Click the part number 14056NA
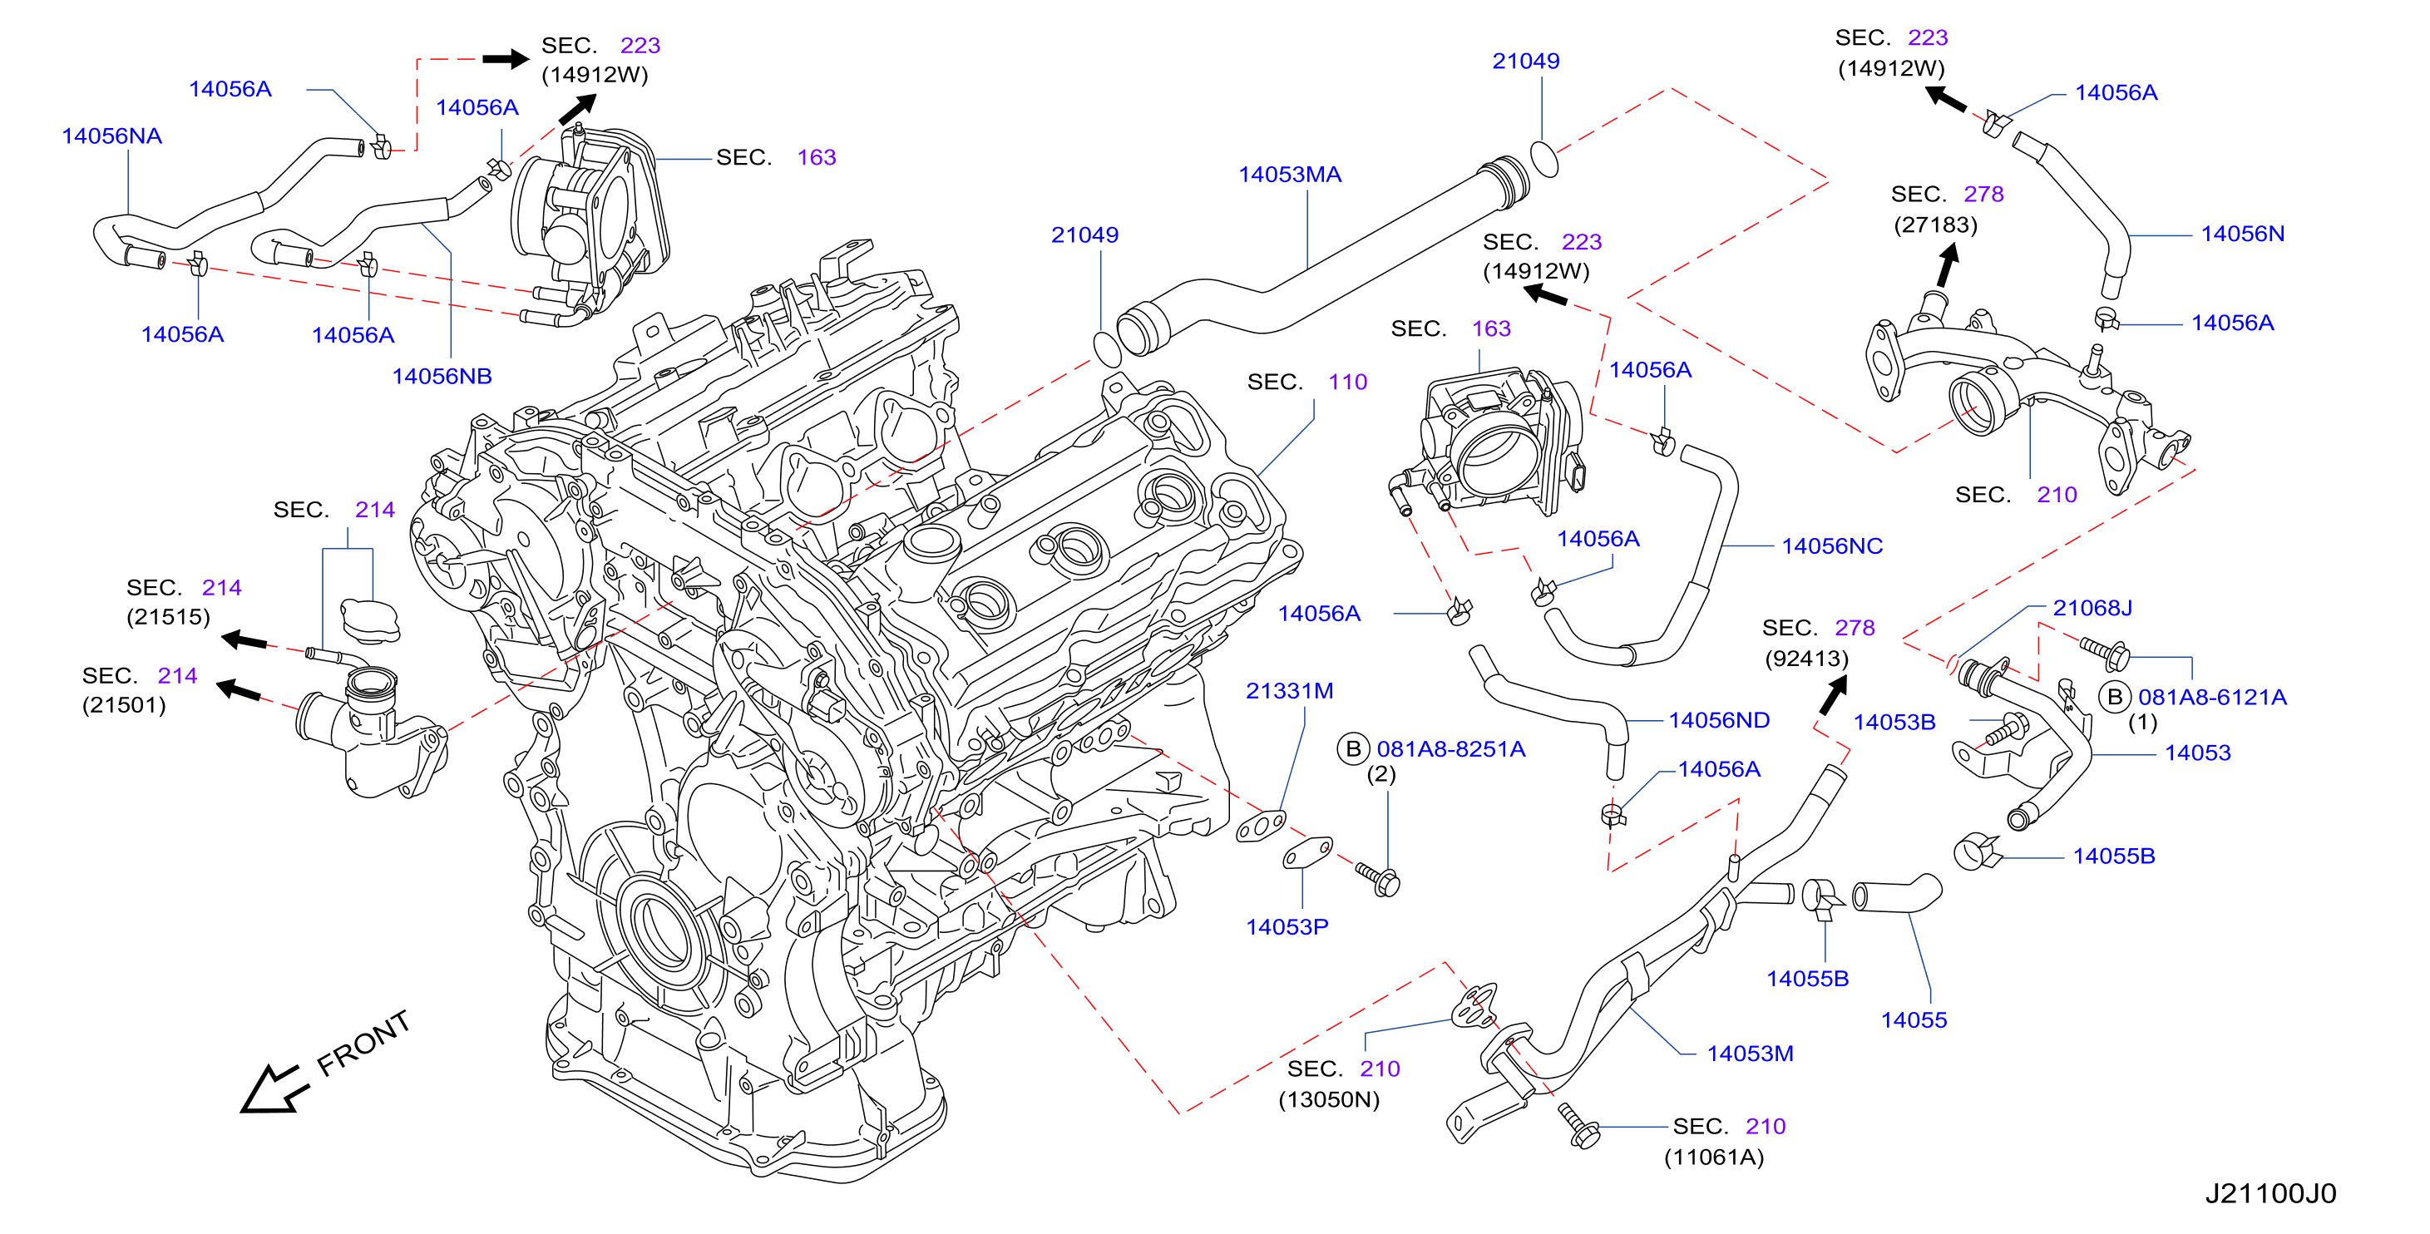click(111, 136)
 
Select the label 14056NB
click(442, 377)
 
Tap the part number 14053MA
click(1290, 175)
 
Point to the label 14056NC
click(1832, 546)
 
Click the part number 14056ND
click(1719, 721)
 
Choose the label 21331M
click(1290, 692)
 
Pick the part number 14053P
click(1287, 927)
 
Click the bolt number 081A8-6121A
click(2212, 697)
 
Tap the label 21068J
click(2092, 609)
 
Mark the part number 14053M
click(1750, 1054)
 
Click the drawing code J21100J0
click(2270, 1194)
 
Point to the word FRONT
click(363, 1044)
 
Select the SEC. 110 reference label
click(1306, 382)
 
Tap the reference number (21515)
click(168, 617)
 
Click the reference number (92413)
click(1806, 659)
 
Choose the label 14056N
click(2242, 234)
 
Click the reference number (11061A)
click(1713, 1157)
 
